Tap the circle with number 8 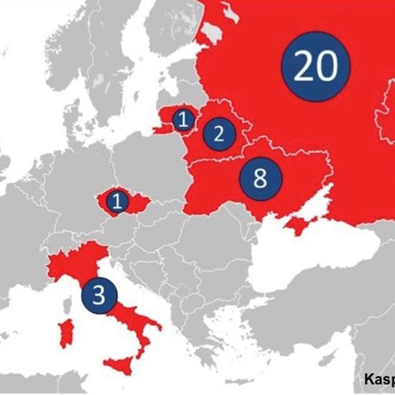(x=260, y=177)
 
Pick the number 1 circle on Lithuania (x=183, y=119)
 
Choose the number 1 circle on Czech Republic (x=117, y=201)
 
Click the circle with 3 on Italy (x=99, y=294)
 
